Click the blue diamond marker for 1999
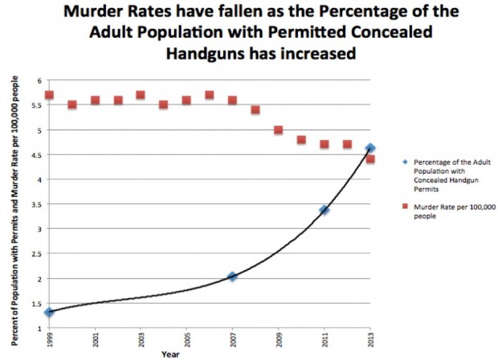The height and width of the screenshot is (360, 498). [49, 312]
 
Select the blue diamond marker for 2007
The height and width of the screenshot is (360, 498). [232, 276]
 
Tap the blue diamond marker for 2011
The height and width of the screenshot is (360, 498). [324, 210]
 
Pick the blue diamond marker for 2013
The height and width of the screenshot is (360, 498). [369, 148]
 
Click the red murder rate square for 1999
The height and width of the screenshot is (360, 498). [49, 95]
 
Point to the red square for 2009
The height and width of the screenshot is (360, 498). [278, 129]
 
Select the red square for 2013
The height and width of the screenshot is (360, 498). [370, 159]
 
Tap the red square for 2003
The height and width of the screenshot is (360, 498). [141, 95]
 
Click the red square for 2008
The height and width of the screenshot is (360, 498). [255, 109]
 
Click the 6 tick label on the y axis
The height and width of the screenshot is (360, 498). [38, 80]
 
